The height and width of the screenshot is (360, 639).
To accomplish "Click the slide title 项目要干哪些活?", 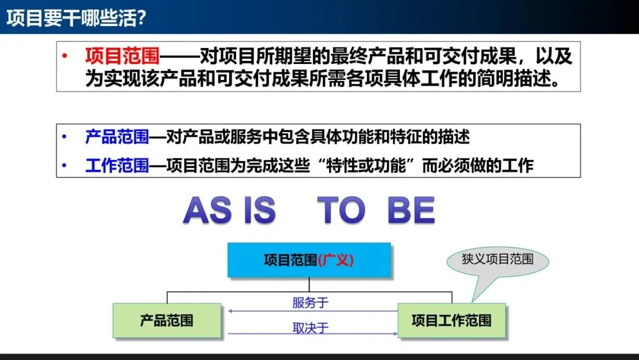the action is pyautogui.click(x=76, y=18).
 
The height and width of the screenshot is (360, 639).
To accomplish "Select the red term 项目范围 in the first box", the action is pyautogui.click(x=122, y=56).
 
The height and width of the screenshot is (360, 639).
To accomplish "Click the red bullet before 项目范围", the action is pyautogui.click(x=64, y=56).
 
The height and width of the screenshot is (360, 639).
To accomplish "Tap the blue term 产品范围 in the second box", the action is pyautogui.click(x=117, y=137).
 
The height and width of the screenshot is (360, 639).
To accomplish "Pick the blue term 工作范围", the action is pyautogui.click(x=117, y=166).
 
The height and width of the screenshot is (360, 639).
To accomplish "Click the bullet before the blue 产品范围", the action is pyautogui.click(x=64, y=137).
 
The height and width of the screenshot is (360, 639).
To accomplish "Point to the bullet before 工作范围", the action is pyautogui.click(x=64, y=166).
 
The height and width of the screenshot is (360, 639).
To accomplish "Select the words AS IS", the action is pyautogui.click(x=230, y=210).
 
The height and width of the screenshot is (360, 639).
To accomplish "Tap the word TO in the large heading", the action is pyautogui.click(x=341, y=210).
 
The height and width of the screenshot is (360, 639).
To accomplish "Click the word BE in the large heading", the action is pyautogui.click(x=411, y=210).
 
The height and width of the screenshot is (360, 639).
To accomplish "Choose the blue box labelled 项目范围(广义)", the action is pyautogui.click(x=309, y=260).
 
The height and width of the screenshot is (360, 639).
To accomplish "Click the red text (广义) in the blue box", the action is pyautogui.click(x=335, y=260).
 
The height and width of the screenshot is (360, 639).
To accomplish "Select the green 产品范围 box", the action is pyautogui.click(x=167, y=320).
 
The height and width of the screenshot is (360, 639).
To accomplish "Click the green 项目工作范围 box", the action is pyautogui.click(x=451, y=320).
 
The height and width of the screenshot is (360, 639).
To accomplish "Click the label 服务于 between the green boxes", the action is pyautogui.click(x=310, y=303).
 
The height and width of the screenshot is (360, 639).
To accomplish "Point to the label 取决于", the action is pyautogui.click(x=310, y=328).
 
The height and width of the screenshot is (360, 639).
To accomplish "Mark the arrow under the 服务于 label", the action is pyautogui.click(x=313, y=311).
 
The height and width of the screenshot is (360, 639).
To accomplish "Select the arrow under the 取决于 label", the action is pyautogui.click(x=313, y=334).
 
